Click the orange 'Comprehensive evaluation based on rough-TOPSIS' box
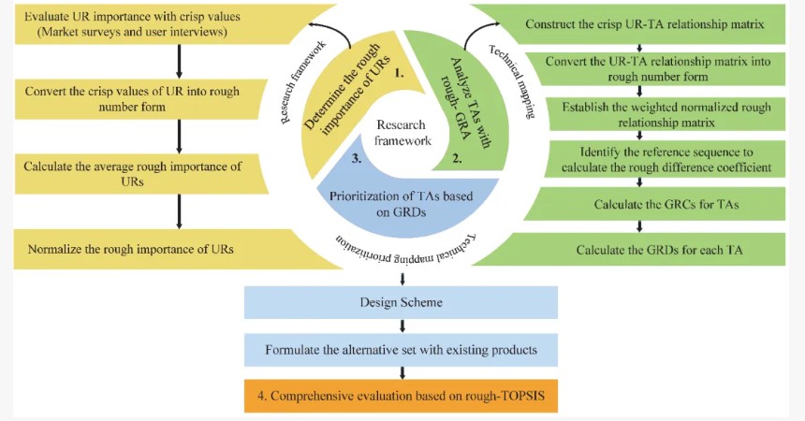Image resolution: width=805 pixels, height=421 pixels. [401, 397]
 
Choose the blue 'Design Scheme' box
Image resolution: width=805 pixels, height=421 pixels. [401, 302]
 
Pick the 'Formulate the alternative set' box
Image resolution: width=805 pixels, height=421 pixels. [401, 350]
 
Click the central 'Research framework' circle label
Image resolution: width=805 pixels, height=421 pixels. [402, 133]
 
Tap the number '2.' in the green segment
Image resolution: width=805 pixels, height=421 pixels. [458, 159]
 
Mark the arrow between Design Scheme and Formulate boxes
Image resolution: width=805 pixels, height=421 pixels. [402, 326]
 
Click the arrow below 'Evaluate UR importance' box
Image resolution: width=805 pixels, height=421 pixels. [178, 61]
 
